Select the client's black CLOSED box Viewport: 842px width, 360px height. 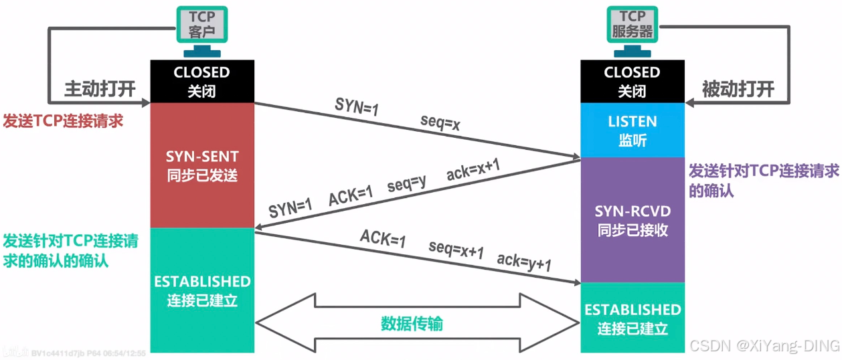click(201, 81)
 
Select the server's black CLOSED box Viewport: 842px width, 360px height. click(632, 81)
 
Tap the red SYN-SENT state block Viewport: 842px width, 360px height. click(201, 166)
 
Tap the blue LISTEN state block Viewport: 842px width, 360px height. click(632, 130)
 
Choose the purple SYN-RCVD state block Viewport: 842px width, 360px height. click(632, 221)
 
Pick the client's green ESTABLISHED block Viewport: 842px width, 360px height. click(201, 290)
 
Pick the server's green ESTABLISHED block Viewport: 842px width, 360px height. click(632, 319)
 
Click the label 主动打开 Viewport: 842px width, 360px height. click(100, 89)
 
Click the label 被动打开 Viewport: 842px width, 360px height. click(738, 89)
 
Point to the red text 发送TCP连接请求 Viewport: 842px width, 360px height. click(64, 121)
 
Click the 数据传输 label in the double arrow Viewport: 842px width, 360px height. click(412, 324)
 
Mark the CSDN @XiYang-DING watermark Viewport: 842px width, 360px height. click(764, 345)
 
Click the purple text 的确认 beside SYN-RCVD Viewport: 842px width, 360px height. click(711, 191)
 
